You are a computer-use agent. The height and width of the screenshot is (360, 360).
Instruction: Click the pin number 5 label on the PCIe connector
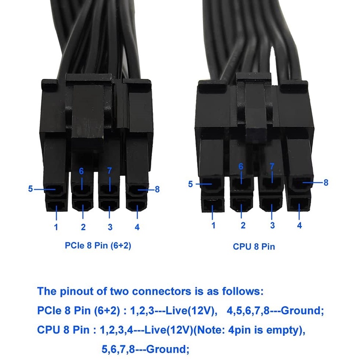tap(30, 188)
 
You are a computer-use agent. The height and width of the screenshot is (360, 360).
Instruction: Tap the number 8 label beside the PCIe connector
tap(157, 189)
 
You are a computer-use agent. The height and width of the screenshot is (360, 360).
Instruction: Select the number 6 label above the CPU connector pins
tap(241, 166)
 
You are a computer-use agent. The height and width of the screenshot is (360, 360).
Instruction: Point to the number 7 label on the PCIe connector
tap(109, 171)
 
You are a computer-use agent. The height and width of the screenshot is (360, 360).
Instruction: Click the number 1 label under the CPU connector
tap(213, 225)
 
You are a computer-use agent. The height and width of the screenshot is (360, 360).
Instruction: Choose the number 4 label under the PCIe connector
tap(137, 227)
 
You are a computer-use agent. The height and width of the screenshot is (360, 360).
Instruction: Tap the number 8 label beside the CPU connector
tap(326, 183)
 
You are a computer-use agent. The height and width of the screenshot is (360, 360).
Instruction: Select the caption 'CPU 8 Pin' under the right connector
tap(254, 247)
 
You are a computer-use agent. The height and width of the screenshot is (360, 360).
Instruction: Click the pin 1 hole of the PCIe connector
tap(56, 208)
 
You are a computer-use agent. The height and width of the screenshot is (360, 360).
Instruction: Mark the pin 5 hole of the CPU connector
tap(213, 186)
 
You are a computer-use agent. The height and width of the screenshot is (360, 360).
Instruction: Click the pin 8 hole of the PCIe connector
tap(137, 189)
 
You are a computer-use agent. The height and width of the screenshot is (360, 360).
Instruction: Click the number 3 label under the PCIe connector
tap(110, 227)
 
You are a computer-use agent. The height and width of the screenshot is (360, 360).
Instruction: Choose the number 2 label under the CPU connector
tap(243, 225)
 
